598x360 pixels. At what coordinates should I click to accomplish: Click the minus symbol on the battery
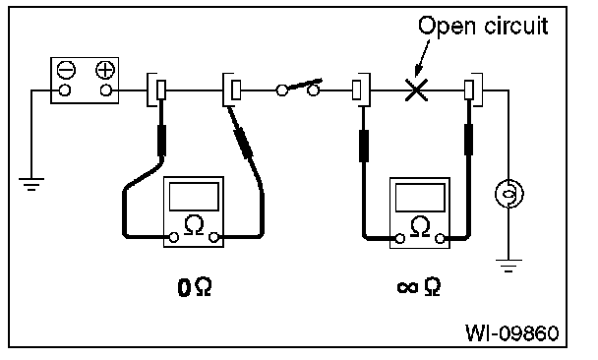66,70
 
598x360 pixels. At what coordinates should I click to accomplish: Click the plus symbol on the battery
105,70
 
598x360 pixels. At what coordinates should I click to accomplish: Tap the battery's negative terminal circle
65,90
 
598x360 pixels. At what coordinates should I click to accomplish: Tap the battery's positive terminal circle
105,90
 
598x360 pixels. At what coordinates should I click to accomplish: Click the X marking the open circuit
416,90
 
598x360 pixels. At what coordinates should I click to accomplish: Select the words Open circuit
483,26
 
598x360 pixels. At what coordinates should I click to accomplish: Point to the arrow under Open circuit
422,58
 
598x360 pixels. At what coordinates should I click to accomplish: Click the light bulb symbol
508,194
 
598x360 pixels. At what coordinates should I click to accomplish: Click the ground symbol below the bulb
508,266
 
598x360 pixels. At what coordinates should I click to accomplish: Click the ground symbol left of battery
31,184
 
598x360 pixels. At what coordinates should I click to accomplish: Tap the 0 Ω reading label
195,287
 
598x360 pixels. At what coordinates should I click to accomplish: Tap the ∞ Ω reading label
419,287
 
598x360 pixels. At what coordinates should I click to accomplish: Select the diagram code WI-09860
512,332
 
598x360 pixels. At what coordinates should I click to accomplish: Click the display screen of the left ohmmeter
194,197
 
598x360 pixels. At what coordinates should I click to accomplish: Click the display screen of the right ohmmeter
420,198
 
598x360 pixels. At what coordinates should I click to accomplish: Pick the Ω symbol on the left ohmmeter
194,225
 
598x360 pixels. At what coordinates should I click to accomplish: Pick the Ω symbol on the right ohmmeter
420,226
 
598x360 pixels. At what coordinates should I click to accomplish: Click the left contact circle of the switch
282,90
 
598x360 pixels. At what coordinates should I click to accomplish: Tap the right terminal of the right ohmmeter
440,239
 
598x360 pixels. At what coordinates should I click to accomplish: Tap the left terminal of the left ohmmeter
174,237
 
